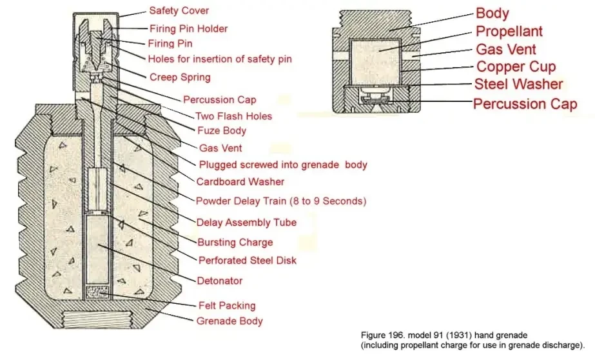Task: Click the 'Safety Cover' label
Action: [x=179, y=11]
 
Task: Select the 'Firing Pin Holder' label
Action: [x=188, y=28]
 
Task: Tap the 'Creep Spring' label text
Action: [x=180, y=77]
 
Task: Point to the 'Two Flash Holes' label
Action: [x=233, y=116]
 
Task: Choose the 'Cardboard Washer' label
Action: [x=240, y=181]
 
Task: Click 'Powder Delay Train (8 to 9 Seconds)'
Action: [x=281, y=201]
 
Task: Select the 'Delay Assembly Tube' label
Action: [x=246, y=222]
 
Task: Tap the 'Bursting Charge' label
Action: [x=235, y=242]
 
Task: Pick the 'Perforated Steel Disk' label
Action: [x=248, y=261]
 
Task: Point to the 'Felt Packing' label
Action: [x=226, y=305]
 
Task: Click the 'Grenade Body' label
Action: [x=229, y=321]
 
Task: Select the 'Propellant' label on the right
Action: [x=509, y=31]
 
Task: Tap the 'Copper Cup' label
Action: [x=516, y=66]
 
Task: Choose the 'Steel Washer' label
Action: [x=518, y=85]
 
